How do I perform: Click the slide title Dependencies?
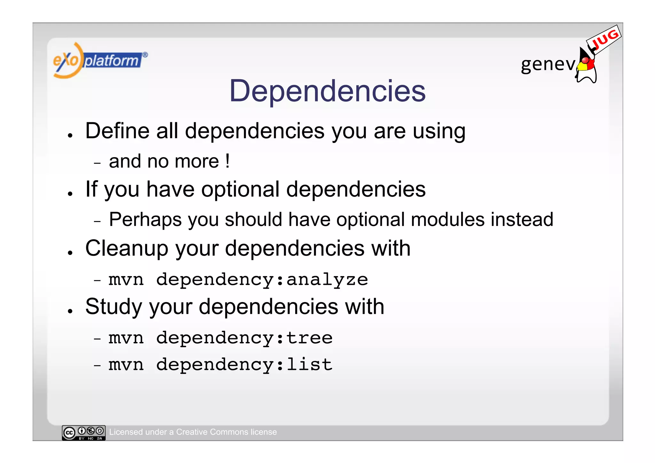(327, 91)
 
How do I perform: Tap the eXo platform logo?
(100, 60)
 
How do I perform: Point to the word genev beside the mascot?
(548, 64)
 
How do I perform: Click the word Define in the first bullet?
(117, 131)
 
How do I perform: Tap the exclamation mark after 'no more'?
(227, 161)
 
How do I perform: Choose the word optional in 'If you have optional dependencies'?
(240, 189)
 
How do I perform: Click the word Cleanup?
(127, 248)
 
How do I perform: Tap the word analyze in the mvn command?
(327, 280)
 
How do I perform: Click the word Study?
(114, 307)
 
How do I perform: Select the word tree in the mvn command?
(309, 338)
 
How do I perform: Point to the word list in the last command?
(309, 364)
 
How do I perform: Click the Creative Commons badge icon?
(83, 433)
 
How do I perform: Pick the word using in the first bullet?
(439, 132)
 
